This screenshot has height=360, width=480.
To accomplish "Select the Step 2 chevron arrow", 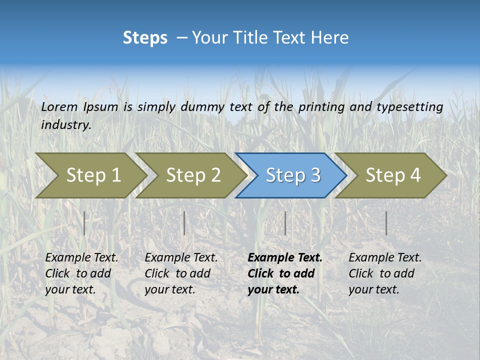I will [192, 175].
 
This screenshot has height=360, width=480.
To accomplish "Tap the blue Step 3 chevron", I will [292, 175].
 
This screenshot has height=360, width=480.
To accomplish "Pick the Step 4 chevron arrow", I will [392, 175].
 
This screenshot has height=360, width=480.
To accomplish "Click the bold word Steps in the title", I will [145, 38].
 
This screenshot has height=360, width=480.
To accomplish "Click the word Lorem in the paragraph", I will [59, 106].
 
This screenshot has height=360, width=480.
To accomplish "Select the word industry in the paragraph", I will [65, 125].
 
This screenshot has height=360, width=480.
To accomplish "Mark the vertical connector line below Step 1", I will [84, 223].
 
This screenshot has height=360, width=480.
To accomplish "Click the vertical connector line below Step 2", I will [184, 223].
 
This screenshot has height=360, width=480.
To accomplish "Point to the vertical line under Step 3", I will [285, 223].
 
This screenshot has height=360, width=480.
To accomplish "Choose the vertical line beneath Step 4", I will [386, 223].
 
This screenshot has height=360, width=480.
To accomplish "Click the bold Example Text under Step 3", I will [285, 258].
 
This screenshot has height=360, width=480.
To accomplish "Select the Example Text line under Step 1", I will [81, 258].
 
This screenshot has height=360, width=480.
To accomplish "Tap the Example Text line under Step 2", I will [181, 258].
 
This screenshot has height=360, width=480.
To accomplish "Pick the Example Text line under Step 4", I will [385, 258].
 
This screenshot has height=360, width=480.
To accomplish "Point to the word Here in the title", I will [330, 38].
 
